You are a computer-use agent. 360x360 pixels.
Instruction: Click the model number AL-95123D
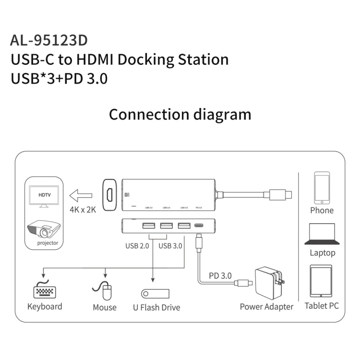pos(49,39)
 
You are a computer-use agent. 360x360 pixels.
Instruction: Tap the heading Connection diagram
pos(180,115)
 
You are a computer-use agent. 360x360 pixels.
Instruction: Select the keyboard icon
pos(44,291)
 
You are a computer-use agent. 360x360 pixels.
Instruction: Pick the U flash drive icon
pos(154,292)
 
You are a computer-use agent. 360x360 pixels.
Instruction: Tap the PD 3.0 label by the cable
pos(220,276)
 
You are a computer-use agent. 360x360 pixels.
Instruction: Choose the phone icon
pos(322,188)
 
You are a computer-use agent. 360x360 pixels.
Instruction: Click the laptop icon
pos(322,234)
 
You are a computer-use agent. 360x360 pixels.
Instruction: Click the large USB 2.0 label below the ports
pos(137,246)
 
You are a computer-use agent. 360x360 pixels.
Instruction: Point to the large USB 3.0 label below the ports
pos(170,246)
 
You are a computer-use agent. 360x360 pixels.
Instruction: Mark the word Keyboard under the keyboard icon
pos(45,306)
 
